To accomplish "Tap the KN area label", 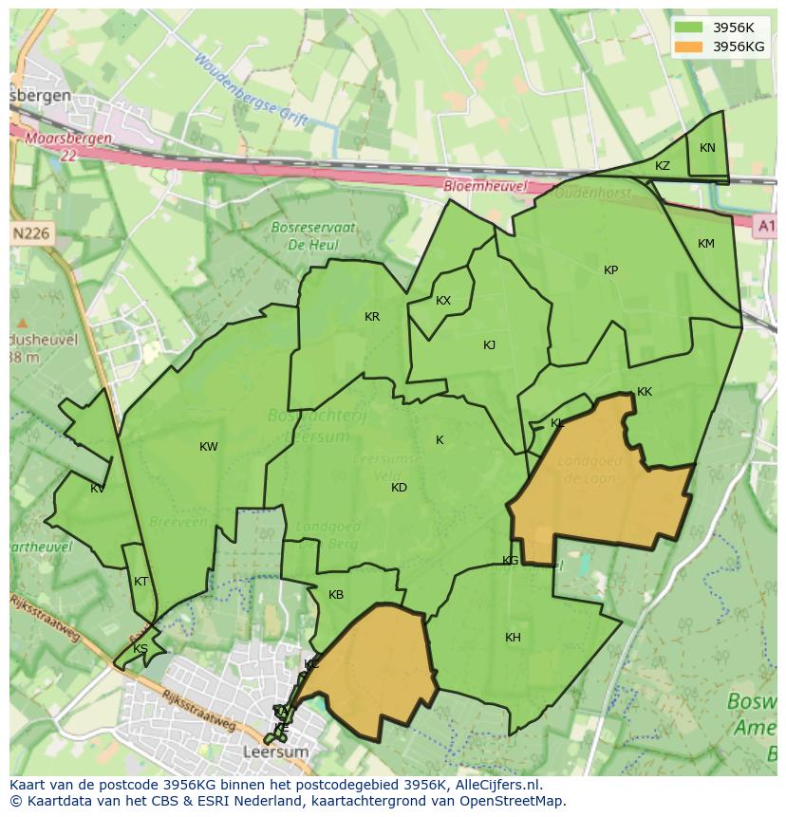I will coord(707,148).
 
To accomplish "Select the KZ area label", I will coord(663,166).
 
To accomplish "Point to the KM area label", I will coord(705,244).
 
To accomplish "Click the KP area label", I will coord(610,270).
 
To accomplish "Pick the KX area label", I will coord(443,301).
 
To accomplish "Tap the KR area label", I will coord(372,317).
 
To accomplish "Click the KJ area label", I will coord(489,345).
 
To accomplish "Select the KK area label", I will coord(645,392).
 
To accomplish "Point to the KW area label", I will coord(209,447).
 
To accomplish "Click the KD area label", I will coord(399,488).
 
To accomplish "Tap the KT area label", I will coord(141,582).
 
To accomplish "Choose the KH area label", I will coord(513,638).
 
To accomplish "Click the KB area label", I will coord(336,595).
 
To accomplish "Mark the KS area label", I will coord(140,649).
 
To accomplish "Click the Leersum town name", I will coord(276,752).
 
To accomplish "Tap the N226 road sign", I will coord(31,232).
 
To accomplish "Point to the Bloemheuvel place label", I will coord(485,187).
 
